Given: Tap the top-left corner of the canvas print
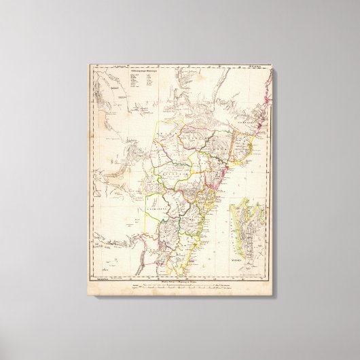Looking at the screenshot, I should [88, 65].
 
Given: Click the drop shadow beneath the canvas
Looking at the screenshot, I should [183, 300].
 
